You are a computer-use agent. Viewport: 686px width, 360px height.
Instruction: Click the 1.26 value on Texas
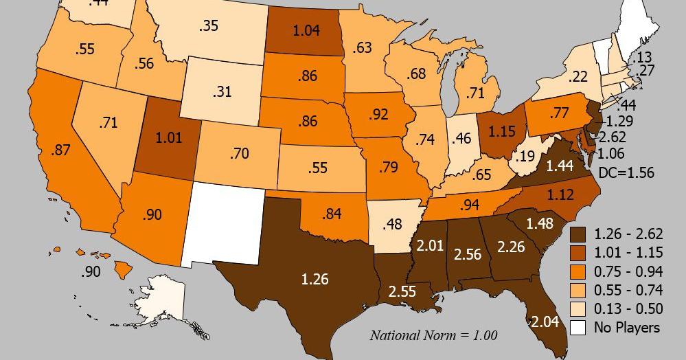(315, 279)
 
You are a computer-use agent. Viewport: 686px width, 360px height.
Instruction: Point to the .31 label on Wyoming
(222, 91)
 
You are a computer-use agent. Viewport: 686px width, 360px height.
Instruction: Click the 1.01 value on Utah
(169, 137)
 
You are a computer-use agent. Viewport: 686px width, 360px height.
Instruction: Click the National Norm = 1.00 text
(433, 335)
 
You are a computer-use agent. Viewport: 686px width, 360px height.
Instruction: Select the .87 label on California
(60, 150)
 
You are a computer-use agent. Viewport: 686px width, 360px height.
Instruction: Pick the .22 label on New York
(578, 76)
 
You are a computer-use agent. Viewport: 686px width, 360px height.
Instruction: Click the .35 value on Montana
(208, 26)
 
